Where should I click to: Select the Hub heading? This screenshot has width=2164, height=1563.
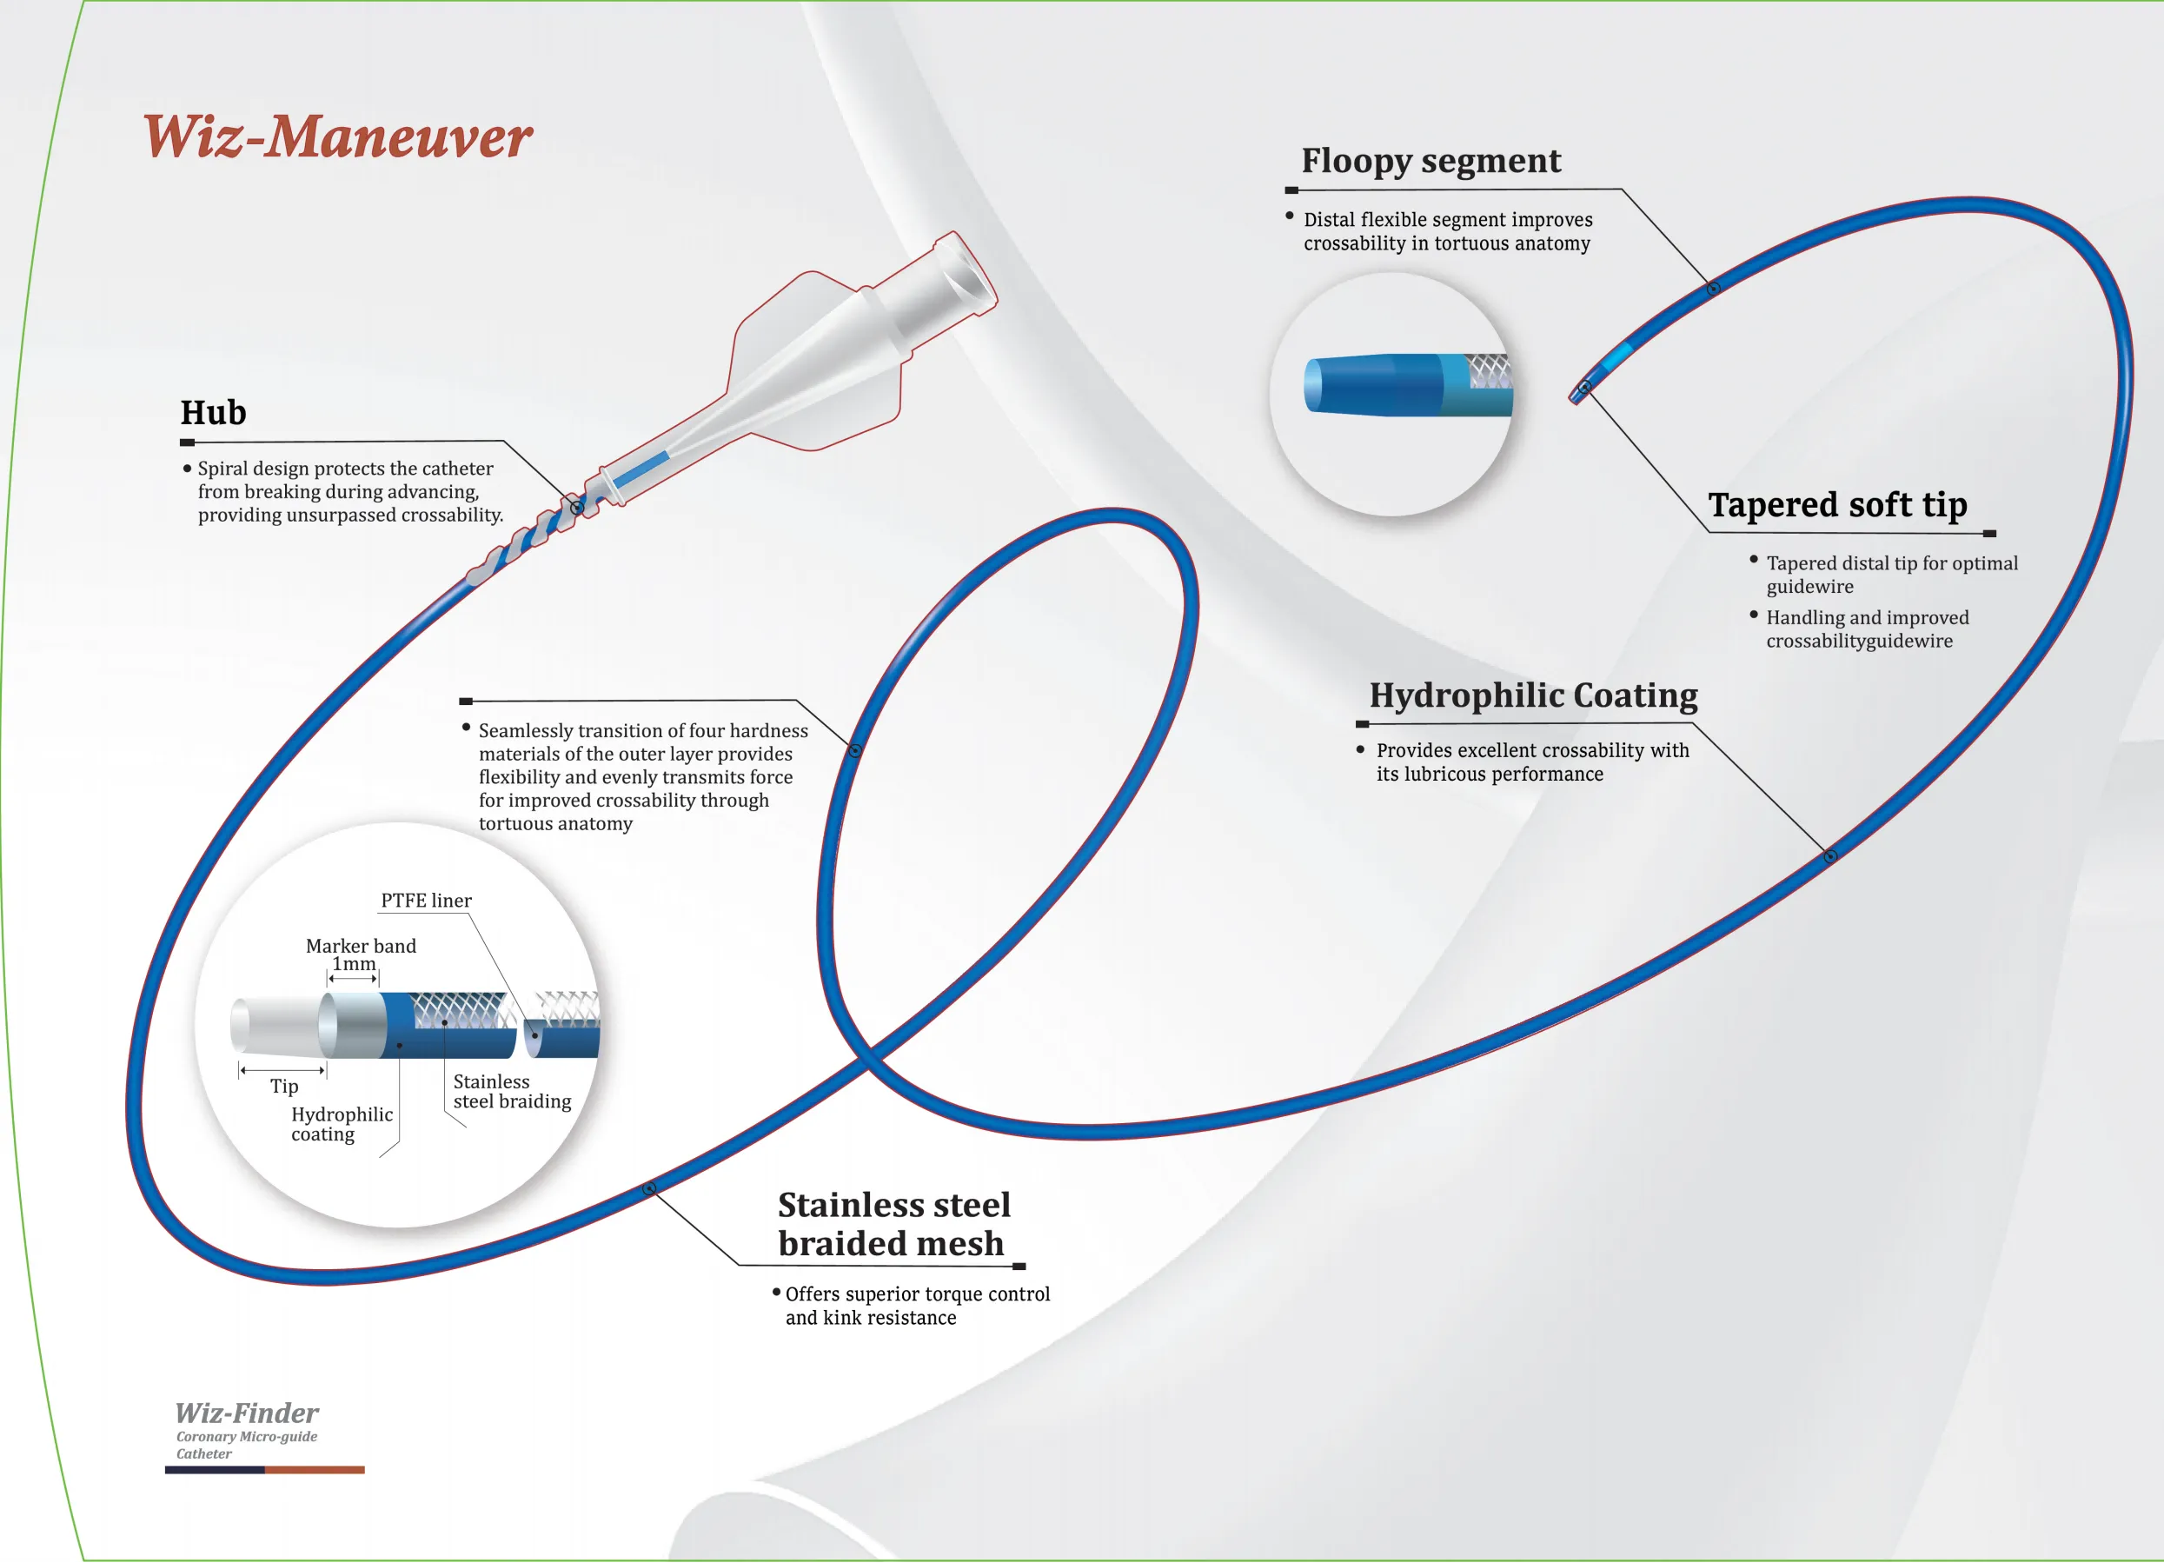[x=214, y=412]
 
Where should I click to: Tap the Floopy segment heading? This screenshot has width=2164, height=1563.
[x=1430, y=160]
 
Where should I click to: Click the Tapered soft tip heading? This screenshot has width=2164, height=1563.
[x=1836, y=504]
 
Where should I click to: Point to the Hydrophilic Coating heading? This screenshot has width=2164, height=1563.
[x=1532, y=695]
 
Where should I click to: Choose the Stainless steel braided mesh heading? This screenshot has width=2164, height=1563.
[x=893, y=1223]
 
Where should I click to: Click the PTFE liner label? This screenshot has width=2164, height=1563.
[x=426, y=900]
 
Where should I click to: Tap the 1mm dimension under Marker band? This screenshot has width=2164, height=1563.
[x=353, y=964]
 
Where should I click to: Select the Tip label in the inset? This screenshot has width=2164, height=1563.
[x=283, y=1086]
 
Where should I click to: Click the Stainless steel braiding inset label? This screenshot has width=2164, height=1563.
[x=511, y=1091]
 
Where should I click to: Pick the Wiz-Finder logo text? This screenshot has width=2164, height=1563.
[x=246, y=1413]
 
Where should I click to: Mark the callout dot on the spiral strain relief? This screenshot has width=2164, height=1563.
[x=577, y=508]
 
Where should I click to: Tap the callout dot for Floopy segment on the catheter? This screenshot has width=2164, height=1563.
[x=1713, y=288]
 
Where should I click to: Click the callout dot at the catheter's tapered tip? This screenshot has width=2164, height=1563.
[x=1583, y=388]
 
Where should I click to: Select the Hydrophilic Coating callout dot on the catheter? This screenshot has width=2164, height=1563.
[x=1830, y=856]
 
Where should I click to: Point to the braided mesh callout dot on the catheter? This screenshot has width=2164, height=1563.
[x=649, y=1188]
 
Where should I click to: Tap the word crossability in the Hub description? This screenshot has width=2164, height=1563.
[x=451, y=515]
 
